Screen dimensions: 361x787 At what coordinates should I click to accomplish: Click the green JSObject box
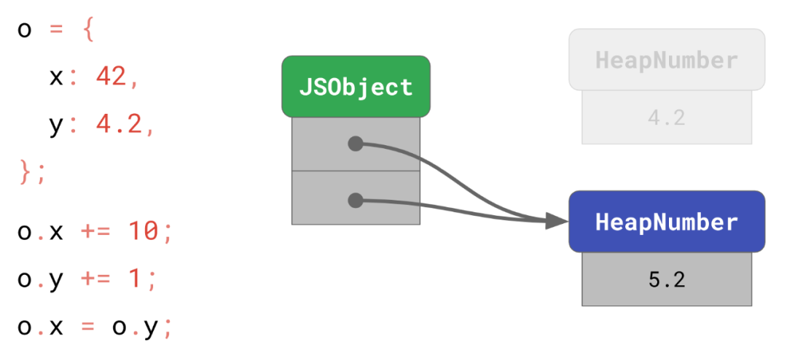tap(356, 87)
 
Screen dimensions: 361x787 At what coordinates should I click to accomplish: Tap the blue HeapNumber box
tap(667, 222)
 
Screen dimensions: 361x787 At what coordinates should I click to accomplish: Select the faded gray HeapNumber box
tap(667, 60)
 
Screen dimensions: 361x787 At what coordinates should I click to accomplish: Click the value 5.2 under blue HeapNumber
tap(667, 279)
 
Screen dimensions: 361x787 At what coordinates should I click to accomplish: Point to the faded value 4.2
tap(667, 117)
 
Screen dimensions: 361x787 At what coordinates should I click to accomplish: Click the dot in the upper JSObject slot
tap(356, 144)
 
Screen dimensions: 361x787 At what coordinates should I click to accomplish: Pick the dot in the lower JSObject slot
tap(356, 200)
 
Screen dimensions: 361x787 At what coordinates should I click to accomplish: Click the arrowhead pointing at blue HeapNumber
tap(557, 220)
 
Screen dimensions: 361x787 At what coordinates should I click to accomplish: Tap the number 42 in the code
tap(111, 77)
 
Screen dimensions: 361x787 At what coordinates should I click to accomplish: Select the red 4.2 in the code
tap(120, 125)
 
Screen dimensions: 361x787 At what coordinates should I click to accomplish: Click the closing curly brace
tap(25, 172)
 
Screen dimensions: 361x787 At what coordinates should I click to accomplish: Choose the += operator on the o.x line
tap(96, 233)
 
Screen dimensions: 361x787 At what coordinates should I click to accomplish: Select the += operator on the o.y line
tap(96, 280)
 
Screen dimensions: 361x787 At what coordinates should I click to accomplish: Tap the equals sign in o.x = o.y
tap(88, 327)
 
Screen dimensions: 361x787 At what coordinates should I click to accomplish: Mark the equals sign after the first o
tap(57, 31)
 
